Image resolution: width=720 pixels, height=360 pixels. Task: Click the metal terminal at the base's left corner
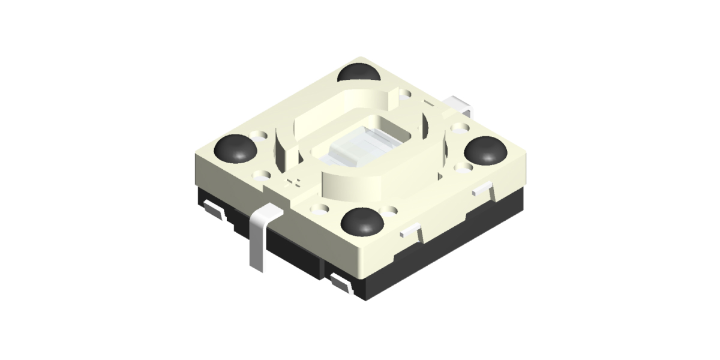[x=213, y=209]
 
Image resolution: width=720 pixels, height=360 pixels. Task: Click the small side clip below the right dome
[x=483, y=190]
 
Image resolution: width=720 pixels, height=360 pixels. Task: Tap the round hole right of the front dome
[x=393, y=211]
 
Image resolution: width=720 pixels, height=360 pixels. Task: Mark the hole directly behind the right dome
[x=461, y=128]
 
